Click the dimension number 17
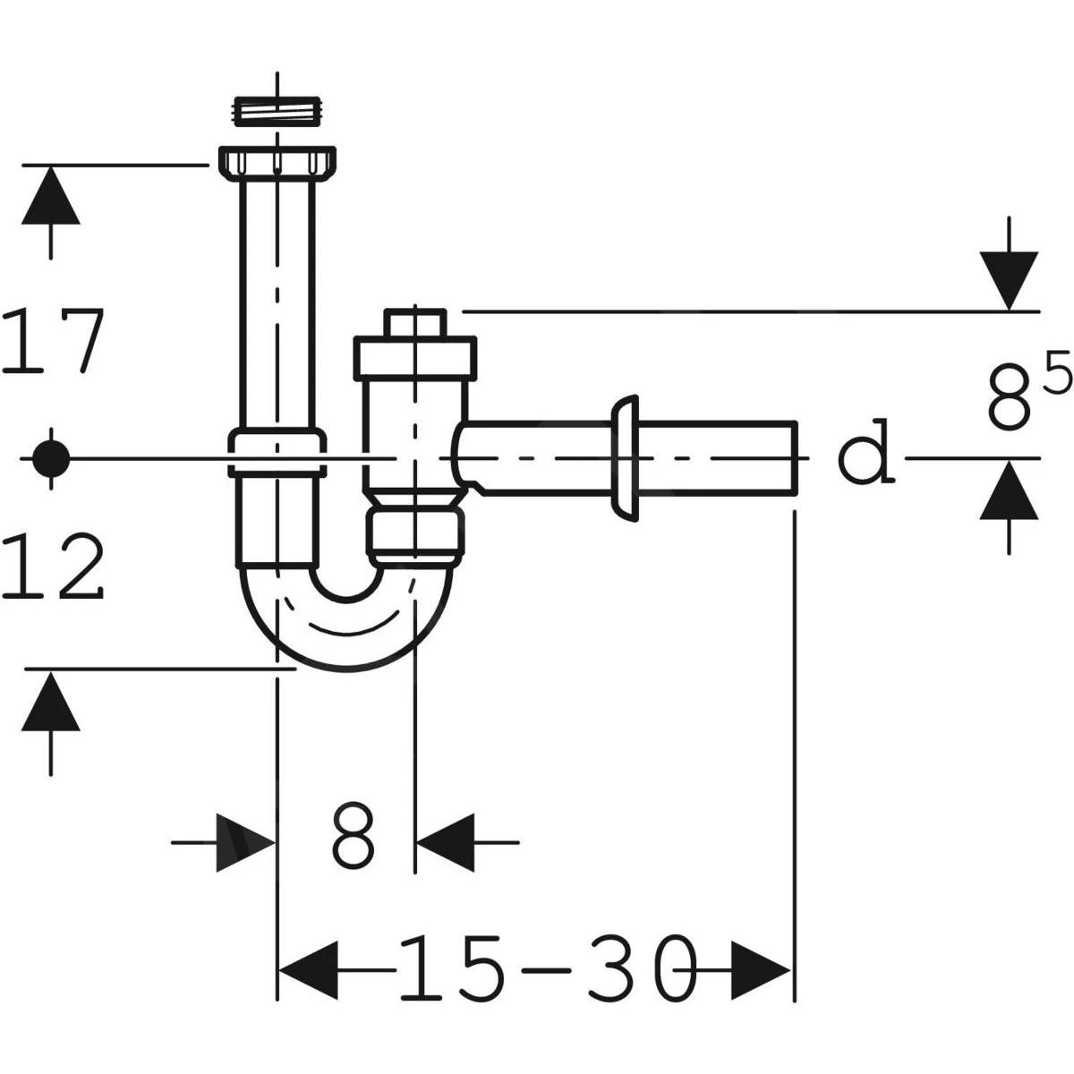click(x=53, y=339)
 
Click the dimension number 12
click(x=53, y=566)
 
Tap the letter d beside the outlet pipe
click(x=865, y=452)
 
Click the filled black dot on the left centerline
click(x=51, y=458)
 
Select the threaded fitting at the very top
click(x=277, y=111)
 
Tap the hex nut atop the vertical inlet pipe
click(x=277, y=162)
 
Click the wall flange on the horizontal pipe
click(x=625, y=458)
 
